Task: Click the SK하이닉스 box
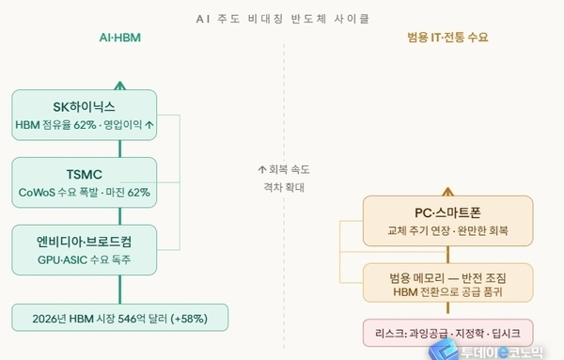(84, 113)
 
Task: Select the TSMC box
(84, 181)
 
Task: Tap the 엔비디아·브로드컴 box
(84, 249)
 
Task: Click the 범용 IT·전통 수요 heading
(448, 39)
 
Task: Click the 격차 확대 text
(283, 186)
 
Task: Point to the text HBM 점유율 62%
(55, 124)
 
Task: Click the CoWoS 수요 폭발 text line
(84, 193)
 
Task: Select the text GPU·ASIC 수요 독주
(84, 259)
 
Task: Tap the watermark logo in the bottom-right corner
(489, 349)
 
